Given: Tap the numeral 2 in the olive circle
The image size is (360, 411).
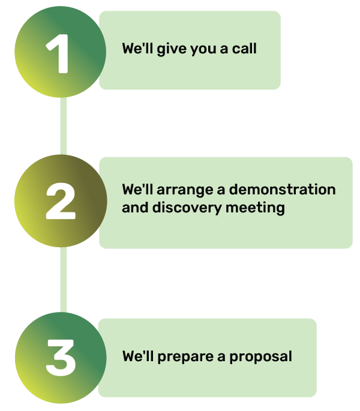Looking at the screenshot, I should pyautogui.click(x=61, y=202).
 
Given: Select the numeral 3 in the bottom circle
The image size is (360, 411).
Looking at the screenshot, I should pyautogui.click(x=61, y=358).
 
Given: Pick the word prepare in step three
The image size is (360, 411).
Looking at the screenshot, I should pyautogui.click(x=185, y=357).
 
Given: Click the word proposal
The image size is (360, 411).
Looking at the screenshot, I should pyautogui.click(x=262, y=357).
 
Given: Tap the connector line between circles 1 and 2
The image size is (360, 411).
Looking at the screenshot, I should pyautogui.click(x=64, y=126).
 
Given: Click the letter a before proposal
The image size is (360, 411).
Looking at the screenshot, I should pyautogui.click(x=221, y=357).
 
